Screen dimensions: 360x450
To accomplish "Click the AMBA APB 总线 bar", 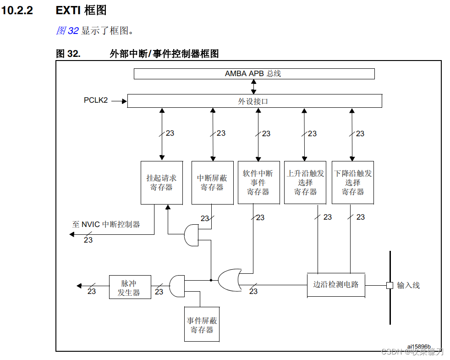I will click(254, 74).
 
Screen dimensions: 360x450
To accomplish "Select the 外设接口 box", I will click(254, 101).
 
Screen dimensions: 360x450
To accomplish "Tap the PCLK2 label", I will click(96, 100).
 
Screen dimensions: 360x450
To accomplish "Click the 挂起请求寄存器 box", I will click(161, 183).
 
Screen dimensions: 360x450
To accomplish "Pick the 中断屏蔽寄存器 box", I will click(212, 183).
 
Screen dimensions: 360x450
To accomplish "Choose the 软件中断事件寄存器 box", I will click(258, 183).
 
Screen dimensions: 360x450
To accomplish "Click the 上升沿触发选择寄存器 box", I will click(305, 183).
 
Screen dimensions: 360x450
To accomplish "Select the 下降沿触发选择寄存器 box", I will click(352, 183).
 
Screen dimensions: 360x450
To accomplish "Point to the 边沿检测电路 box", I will click(336, 285).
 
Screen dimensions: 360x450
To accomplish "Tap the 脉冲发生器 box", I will click(130, 287).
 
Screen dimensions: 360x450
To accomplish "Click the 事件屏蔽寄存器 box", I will click(202, 325).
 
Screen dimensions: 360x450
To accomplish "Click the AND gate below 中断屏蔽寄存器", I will click(191, 235).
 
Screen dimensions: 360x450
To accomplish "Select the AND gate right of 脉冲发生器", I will click(176, 286).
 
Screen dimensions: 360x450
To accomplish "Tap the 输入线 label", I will click(408, 285).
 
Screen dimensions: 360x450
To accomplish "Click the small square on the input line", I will click(390, 285).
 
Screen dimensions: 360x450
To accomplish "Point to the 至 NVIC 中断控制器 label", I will click(106, 224).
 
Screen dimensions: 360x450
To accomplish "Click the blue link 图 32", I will click(67, 31).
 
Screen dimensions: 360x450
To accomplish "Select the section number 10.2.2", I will click(17, 10).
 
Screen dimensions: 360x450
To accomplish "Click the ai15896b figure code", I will click(419, 347).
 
